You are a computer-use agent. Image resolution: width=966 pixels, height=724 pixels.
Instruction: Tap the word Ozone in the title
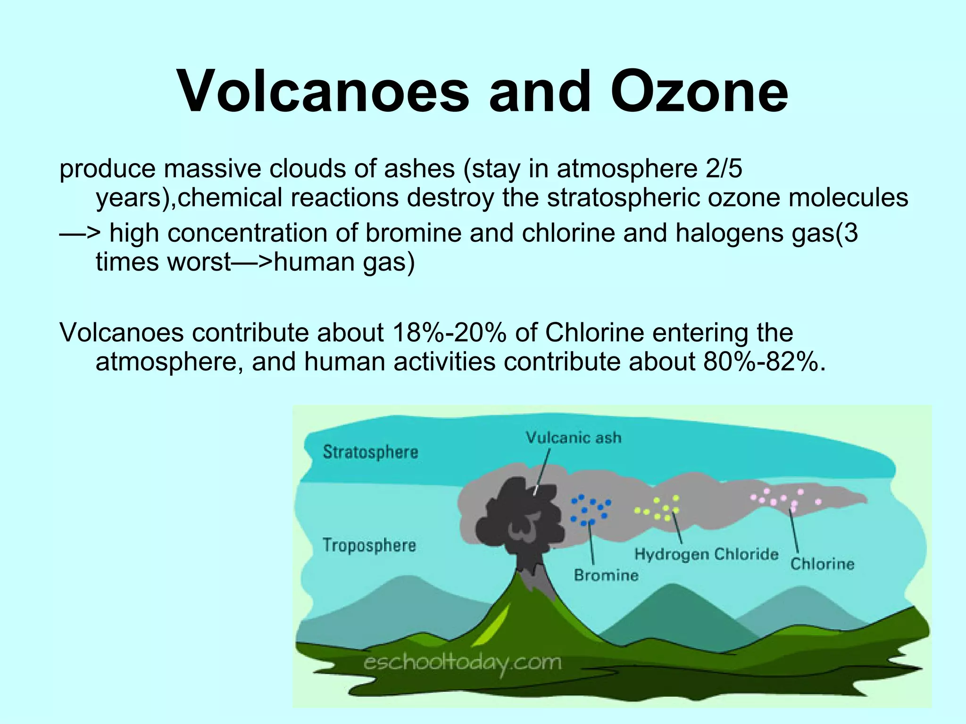tap(699, 91)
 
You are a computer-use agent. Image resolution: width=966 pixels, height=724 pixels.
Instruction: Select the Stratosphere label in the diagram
tap(371, 452)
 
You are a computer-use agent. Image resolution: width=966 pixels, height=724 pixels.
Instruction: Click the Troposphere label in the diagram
tap(369, 545)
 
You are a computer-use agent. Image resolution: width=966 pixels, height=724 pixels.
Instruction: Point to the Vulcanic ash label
tap(574, 438)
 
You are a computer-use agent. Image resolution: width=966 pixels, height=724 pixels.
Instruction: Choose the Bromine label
tap(606, 575)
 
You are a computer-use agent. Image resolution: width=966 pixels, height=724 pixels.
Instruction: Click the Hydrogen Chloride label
tap(706, 554)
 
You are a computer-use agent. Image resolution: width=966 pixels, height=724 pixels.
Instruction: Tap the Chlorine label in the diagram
tap(822, 564)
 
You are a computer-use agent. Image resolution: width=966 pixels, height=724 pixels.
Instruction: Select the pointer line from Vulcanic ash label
tap(542, 471)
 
